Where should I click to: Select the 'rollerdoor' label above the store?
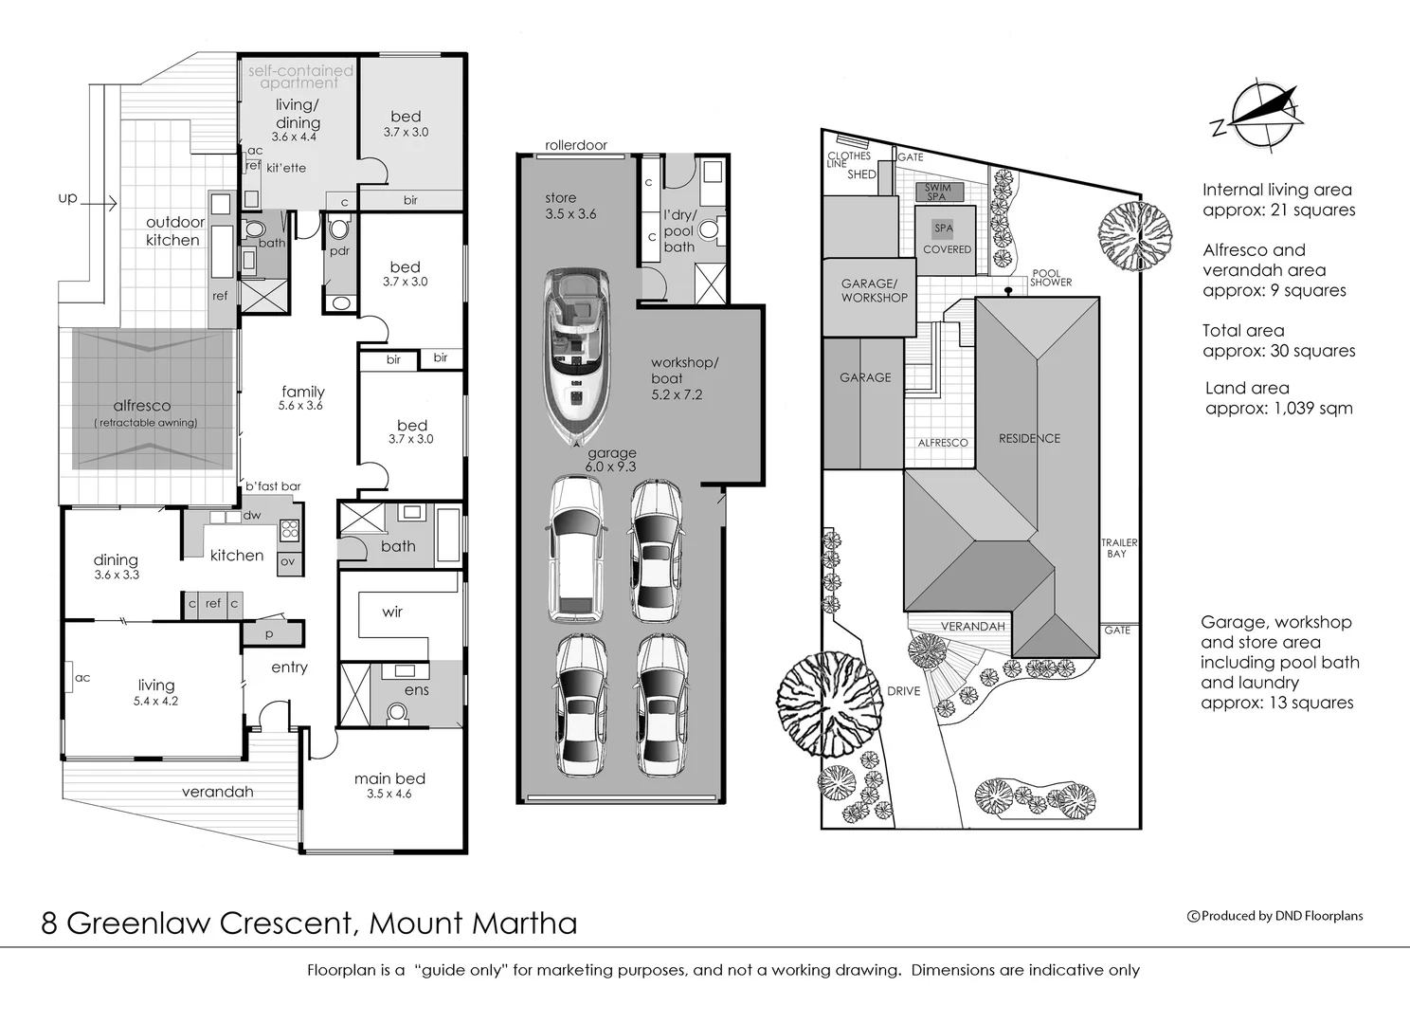(x=576, y=146)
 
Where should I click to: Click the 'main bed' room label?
(x=389, y=779)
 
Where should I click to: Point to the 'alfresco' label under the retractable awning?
(x=142, y=406)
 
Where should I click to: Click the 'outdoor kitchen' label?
(x=174, y=231)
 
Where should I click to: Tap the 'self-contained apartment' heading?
(x=299, y=77)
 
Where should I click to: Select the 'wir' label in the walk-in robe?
(x=392, y=613)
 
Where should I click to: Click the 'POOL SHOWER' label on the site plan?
(x=1050, y=278)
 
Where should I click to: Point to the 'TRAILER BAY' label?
(x=1118, y=548)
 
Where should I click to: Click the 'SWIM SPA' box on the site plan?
(x=937, y=192)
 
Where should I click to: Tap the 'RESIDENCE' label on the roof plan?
(x=1029, y=439)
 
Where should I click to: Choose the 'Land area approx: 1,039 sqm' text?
(x=1278, y=398)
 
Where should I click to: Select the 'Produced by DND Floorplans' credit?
(x=1275, y=916)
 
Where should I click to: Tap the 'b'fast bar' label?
(x=273, y=486)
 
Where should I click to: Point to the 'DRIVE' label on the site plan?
(x=903, y=691)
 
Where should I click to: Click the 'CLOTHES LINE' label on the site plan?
(x=848, y=159)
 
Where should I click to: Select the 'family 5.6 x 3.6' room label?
(x=302, y=397)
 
